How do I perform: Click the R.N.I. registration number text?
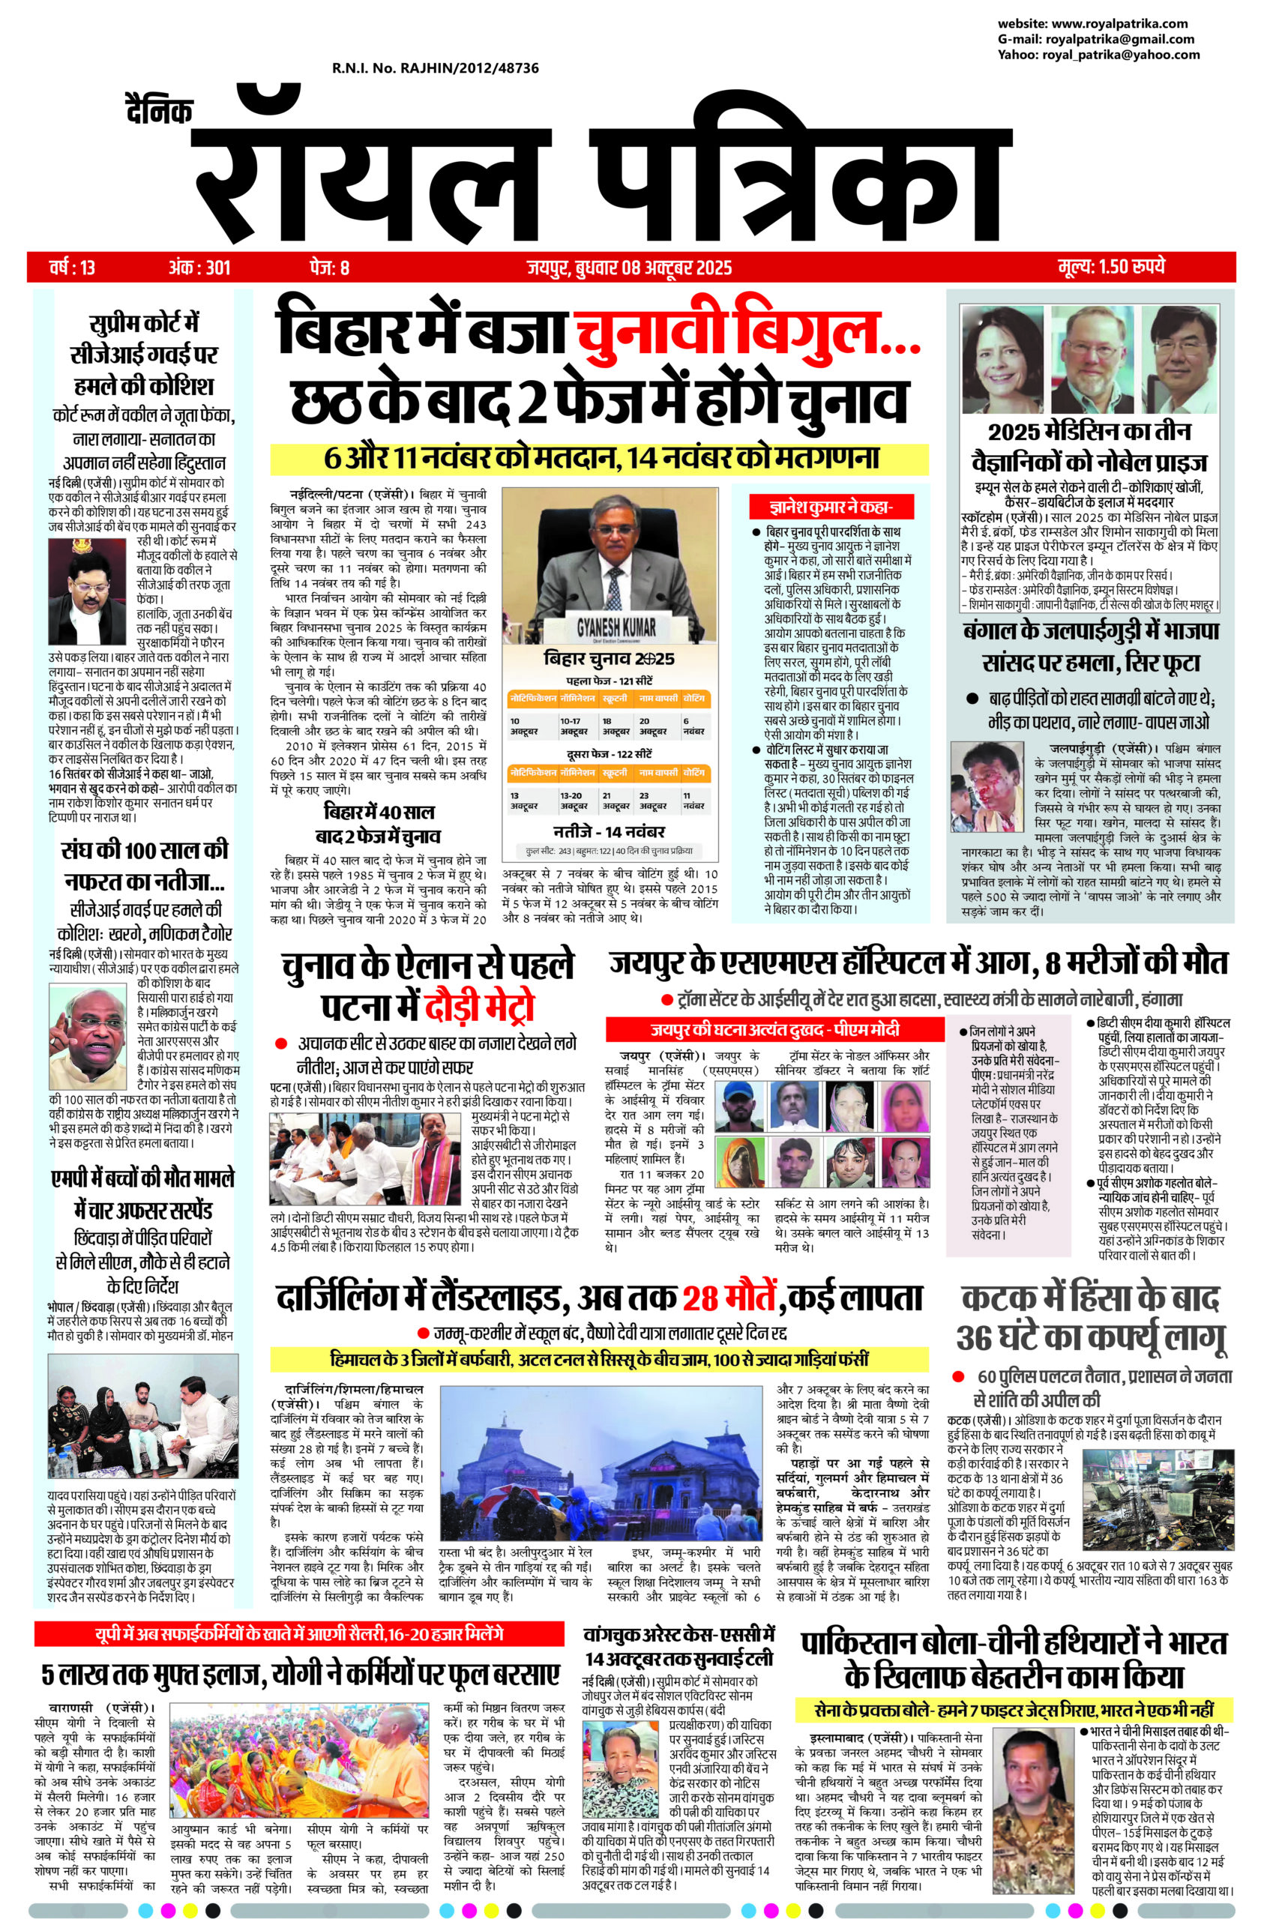(435, 69)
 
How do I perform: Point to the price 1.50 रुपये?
(1112, 266)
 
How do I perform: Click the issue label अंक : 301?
(199, 266)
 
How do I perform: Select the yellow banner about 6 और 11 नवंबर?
(599, 458)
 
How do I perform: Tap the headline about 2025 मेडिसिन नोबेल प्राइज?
(1097, 447)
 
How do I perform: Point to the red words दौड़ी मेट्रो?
(478, 1009)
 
